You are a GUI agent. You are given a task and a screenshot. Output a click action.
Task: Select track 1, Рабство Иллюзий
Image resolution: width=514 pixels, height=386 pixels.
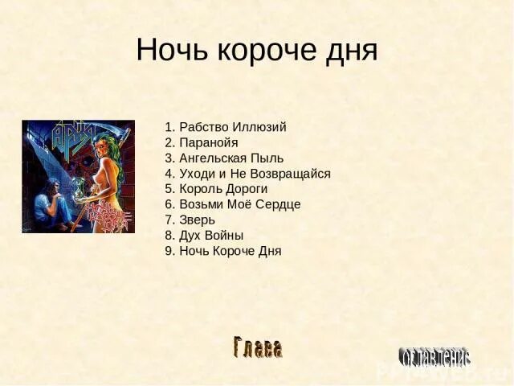(225, 127)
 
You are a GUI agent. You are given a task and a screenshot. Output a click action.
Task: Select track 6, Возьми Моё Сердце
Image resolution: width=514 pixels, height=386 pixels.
(232, 204)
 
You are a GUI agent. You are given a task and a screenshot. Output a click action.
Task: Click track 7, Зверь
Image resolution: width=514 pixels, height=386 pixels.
(190, 220)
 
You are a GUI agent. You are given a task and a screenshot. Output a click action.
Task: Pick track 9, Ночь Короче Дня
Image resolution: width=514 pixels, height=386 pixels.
(222, 250)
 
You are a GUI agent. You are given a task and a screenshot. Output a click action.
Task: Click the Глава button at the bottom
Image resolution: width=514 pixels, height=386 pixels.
(258, 348)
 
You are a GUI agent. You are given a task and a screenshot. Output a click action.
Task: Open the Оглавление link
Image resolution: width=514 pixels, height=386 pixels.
(434, 356)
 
